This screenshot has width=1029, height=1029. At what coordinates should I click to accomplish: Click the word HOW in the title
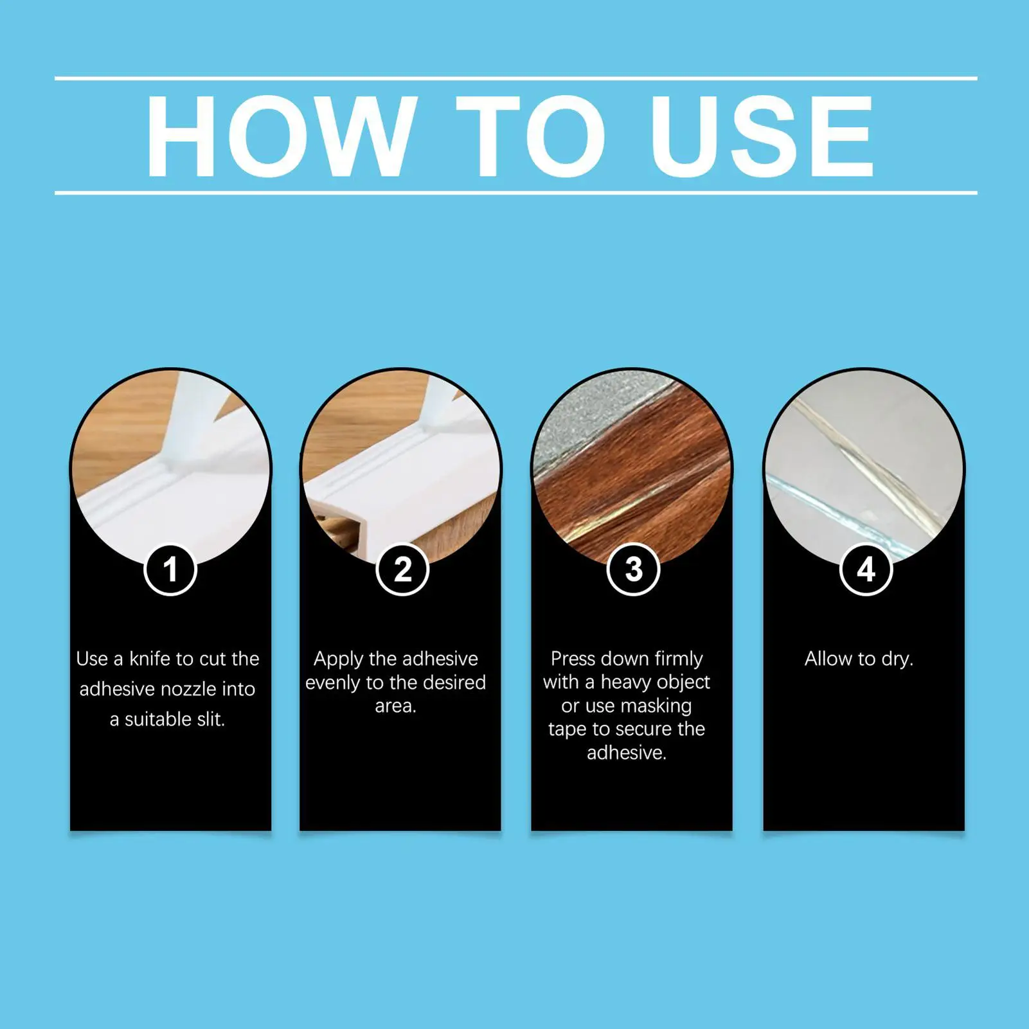(278, 136)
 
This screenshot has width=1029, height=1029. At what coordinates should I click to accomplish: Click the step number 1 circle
(170, 569)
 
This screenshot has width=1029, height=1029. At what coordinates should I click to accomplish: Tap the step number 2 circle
(402, 569)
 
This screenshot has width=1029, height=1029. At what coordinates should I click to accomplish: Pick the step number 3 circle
(634, 569)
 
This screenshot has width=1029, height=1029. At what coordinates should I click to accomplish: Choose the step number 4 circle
(866, 569)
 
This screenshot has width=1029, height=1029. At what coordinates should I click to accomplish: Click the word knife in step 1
(150, 659)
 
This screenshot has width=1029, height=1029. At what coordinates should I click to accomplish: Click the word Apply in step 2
(339, 659)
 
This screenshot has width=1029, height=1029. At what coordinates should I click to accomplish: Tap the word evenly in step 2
(332, 683)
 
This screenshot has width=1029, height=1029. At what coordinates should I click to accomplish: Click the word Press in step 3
(574, 659)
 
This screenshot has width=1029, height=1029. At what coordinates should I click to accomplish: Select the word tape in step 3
(567, 729)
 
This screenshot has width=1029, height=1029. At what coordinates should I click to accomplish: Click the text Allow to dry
(859, 659)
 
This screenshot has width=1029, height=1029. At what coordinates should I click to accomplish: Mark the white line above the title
(515, 78)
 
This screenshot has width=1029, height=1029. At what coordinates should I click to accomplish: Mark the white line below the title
(515, 192)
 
